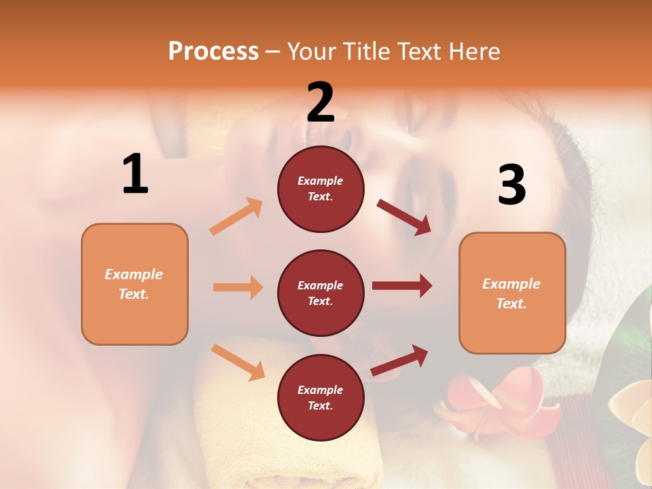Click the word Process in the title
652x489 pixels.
[x=213, y=52]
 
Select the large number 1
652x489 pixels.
[x=135, y=175]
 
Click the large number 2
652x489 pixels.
[x=321, y=103]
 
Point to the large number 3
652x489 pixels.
[x=511, y=185]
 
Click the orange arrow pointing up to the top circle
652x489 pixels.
[x=236, y=217]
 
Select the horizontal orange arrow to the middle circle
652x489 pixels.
[x=238, y=287]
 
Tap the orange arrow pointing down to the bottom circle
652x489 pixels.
[x=238, y=362]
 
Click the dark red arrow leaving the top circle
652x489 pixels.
[x=403, y=217]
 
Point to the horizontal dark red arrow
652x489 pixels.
[x=401, y=286]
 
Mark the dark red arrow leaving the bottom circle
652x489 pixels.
[x=399, y=361]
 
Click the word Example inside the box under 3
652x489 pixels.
[x=511, y=284]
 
